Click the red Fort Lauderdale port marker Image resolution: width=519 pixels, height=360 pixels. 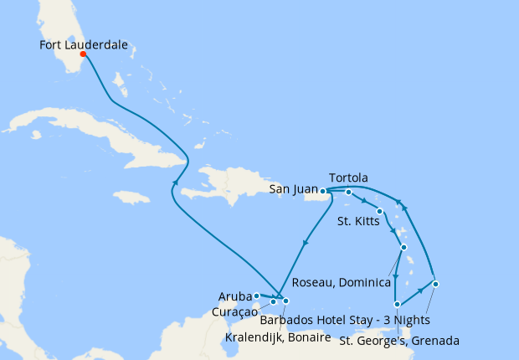[83, 55]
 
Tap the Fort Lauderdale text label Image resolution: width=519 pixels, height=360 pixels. [84, 46]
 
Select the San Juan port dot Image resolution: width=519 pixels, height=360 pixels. [323, 191]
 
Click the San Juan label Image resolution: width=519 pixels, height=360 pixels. [293, 190]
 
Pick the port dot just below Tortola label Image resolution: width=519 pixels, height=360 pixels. [349, 193]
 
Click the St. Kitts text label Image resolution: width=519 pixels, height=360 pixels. [356, 222]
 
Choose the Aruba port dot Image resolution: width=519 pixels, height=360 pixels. [256, 296]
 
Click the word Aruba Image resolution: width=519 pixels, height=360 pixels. [235, 296]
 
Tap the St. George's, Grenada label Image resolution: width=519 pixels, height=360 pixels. [399, 340]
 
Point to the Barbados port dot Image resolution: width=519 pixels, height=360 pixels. [435, 284]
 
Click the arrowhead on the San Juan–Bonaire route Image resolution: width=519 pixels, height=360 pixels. [305, 243]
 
